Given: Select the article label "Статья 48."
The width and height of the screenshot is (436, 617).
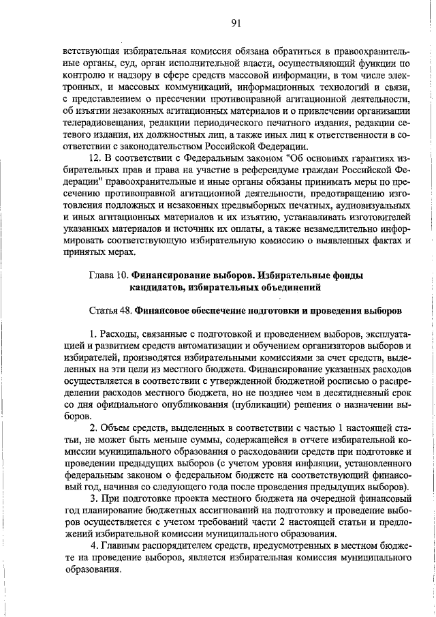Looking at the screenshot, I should click(111, 310).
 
